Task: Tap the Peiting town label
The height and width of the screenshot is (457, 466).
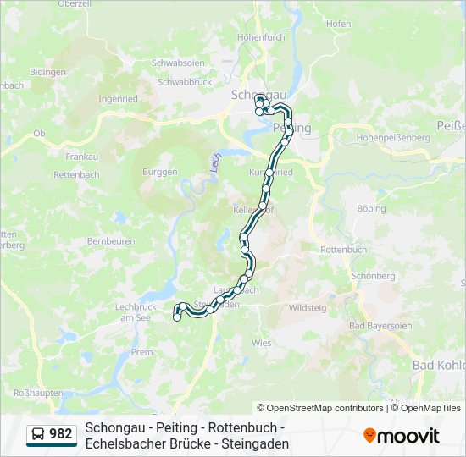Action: [293, 128]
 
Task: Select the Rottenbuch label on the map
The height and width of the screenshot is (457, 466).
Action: [343, 250]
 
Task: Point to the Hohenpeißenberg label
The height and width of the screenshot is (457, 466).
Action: [388, 136]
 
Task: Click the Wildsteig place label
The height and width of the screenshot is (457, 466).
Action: [308, 308]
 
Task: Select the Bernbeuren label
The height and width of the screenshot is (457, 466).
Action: [111, 241]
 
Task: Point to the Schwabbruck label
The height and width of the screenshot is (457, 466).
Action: [184, 82]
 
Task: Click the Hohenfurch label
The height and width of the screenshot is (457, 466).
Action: [261, 38]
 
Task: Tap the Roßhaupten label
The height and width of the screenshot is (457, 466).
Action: [37, 394]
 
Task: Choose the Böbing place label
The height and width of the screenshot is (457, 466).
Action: [371, 208]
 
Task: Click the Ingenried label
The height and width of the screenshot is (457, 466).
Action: [118, 99]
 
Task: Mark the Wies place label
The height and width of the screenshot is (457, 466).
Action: [261, 343]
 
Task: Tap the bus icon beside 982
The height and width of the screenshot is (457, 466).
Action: [39, 434]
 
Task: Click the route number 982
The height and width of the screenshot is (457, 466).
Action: [61, 434]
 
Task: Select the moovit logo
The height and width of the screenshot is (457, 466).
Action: [402, 436]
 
